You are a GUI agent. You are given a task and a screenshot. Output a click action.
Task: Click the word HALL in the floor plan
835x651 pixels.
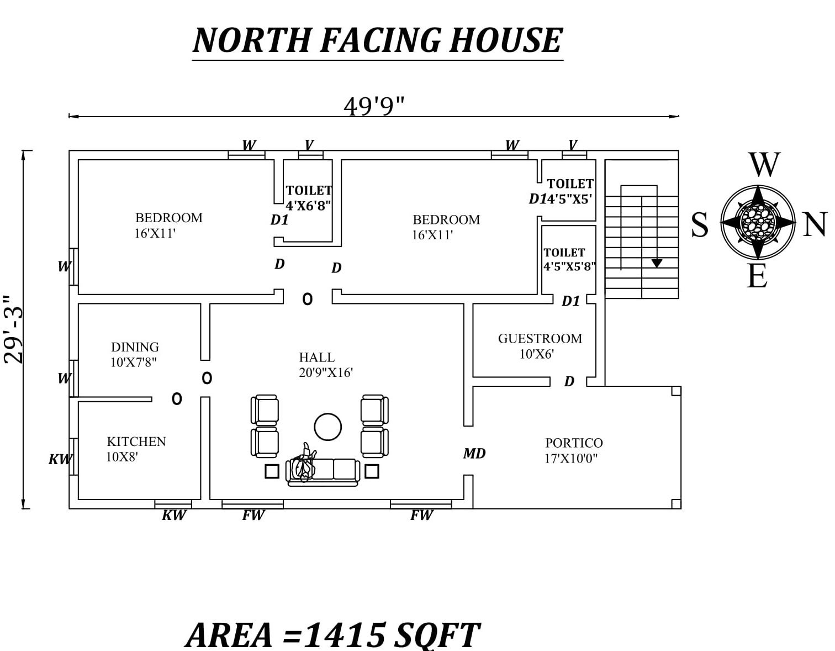(x=316, y=358)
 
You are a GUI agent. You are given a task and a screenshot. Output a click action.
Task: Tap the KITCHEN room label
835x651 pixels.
(x=136, y=442)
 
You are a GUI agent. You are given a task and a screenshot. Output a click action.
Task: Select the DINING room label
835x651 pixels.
(x=135, y=347)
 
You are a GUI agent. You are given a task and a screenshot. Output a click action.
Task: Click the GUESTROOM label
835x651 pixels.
(x=540, y=339)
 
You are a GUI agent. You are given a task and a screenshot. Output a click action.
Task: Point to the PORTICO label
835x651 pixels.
(x=574, y=443)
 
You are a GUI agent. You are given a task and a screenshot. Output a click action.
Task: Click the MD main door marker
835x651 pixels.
(x=474, y=454)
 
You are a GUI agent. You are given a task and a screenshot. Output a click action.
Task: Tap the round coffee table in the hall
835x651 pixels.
(x=327, y=427)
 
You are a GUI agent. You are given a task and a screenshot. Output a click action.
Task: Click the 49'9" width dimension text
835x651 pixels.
(x=374, y=105)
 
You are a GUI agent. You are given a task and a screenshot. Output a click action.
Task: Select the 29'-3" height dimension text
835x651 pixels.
(x=13, y=329)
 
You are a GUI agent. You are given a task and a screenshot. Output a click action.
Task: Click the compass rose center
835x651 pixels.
(x=758, y=222)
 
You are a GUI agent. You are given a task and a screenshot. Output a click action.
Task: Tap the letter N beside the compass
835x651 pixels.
(x=815, y=225)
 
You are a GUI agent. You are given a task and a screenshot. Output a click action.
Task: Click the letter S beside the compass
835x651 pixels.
(x=700, y=225)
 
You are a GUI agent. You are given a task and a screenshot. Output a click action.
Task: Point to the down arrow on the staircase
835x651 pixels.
(x=656, y=263)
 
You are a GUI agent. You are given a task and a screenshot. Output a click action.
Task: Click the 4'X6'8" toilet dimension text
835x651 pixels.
(x=308, y=206)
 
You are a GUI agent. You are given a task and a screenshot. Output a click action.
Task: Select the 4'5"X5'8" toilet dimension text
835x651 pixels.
(x=569, y=266)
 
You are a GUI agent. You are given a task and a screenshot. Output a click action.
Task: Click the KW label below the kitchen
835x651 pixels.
(x=174, y=515)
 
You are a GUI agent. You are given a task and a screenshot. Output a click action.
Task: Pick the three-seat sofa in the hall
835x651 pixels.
(x=323, y=471)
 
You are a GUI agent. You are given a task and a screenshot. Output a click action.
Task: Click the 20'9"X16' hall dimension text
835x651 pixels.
(x=326, y=373)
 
